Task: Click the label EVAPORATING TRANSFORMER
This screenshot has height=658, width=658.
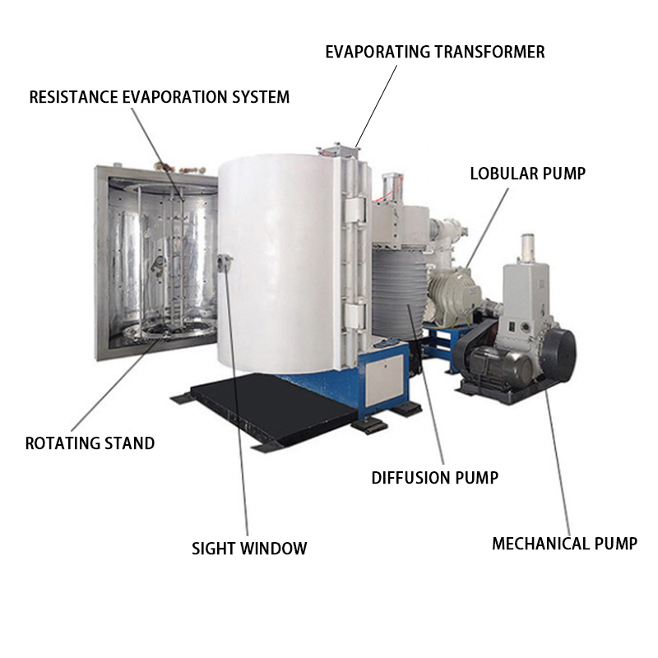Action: tap(434, 52)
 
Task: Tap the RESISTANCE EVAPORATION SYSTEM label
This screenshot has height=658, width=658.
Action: tap(160, 97)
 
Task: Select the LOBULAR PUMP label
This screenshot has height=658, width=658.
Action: tap(527, 174)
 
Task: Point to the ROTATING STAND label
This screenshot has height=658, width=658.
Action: tap(90, 443)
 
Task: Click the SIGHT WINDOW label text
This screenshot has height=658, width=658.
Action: tap(249, 548)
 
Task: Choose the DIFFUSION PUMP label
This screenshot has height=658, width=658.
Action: tap(434, 477)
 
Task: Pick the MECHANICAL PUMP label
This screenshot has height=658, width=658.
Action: tap(564, 543)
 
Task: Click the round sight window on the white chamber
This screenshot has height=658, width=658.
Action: tap(224, 263)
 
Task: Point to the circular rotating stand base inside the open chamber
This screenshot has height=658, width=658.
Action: tap(173, 329)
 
